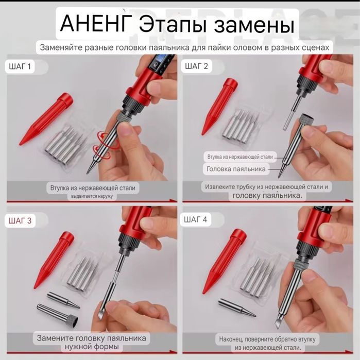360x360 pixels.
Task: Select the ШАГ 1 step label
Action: [x=21, y=66]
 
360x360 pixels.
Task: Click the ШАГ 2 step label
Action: [x=196, y=66]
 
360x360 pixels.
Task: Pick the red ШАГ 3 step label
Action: [x=21, y=221]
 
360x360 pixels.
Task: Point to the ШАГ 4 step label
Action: [x=196, y=220]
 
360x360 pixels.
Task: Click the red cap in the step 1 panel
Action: [x=47, y=119]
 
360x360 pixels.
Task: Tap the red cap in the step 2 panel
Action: [x=219, y=106]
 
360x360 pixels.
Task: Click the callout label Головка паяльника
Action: [x=236, y=168]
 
